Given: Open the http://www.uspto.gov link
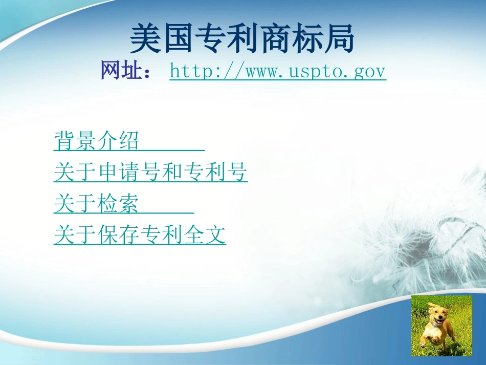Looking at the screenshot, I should [x=277, y=72].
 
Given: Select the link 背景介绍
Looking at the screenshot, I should [x=96, y=141].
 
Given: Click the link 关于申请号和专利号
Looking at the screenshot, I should [x=150, y=173].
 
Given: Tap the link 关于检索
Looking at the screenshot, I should [x=96, y=204].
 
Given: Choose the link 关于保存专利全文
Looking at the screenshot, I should [x=140, y=235].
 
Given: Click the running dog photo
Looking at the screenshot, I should [x=441, y=325].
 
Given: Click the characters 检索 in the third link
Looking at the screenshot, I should [x=117, y=204].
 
